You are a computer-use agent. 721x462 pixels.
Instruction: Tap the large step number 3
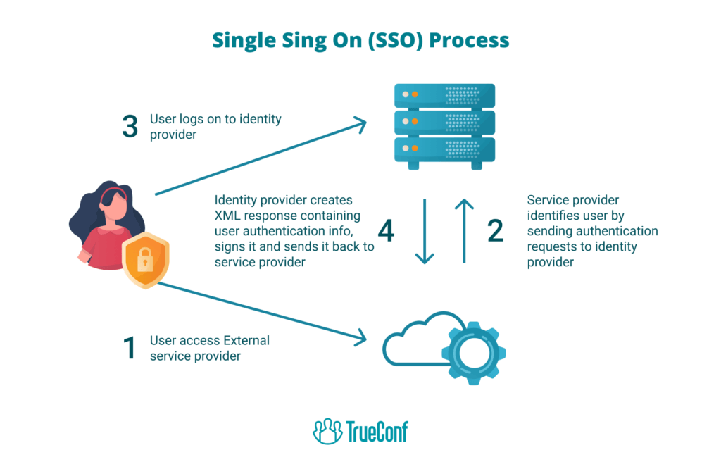[x=130, y=127]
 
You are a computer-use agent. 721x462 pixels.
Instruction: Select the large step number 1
[x=130, y=348]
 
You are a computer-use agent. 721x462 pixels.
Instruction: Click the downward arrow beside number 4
[x=425, y=232]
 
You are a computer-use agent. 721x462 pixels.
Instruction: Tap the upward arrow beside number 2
[x=463, y=232]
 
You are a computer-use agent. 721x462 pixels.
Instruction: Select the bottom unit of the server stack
[x=444, y=149]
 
